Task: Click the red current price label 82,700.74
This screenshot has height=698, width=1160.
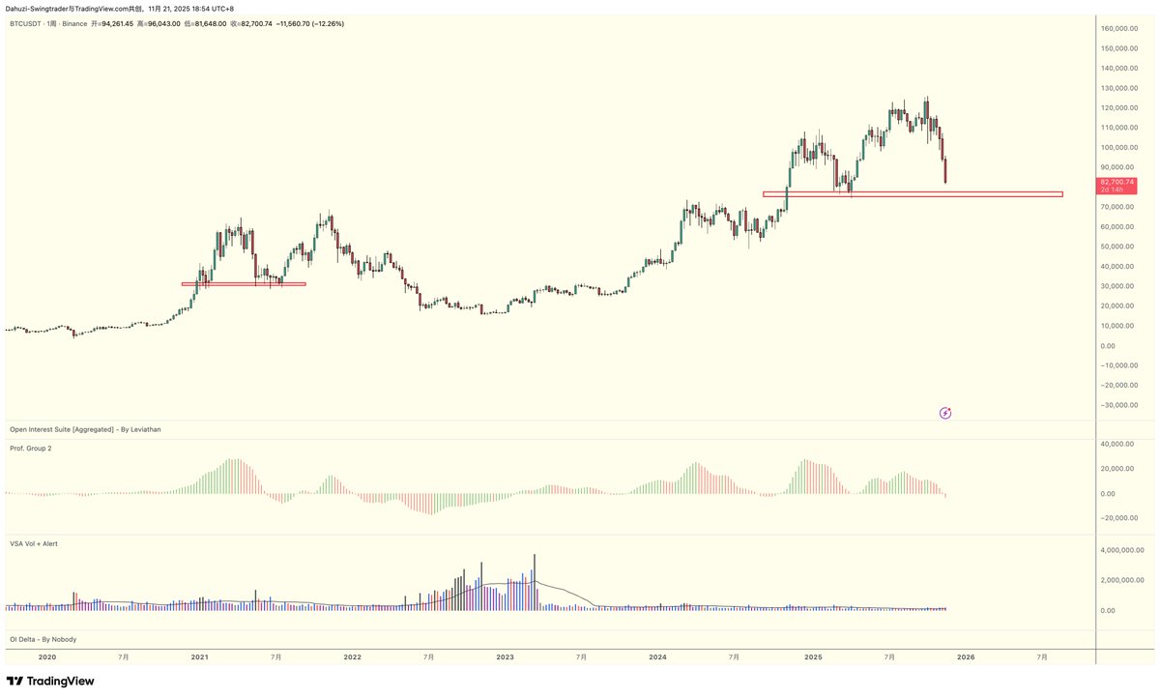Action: coord(1117,182)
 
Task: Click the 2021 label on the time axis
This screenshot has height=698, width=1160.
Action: coord(199,656)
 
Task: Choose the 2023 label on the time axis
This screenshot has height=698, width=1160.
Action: coord(505,656)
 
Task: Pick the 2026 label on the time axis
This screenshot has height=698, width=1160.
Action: coord(965,656)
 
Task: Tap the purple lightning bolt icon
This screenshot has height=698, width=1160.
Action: coord(945,413)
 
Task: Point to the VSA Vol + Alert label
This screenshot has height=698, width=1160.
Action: coord(34,543)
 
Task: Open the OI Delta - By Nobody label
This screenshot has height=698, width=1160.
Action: coord(43,639)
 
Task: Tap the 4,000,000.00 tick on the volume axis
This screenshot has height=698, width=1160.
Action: coord(1123,549)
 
